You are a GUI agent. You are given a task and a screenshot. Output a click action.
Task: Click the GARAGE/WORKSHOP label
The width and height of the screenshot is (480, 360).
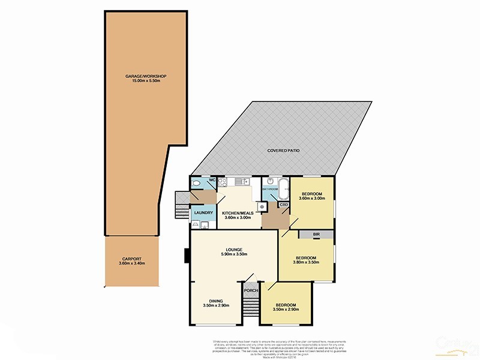pyautogui.click(x=145, y=76)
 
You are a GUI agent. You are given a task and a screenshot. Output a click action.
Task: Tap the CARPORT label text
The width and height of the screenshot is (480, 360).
pyautogui.click(x=132, y=259)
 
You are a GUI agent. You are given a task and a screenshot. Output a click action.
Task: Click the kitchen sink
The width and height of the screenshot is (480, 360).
pyautogui.click(x=241, y=181)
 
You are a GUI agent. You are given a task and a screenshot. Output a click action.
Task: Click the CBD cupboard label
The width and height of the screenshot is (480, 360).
pyautogui.click(x=284, y=205)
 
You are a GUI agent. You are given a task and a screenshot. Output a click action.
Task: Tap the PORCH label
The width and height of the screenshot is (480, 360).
pyautogui.click(x=251, y=290)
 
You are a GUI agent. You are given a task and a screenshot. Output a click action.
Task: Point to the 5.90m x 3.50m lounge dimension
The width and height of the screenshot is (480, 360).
pyautogui.click(x=234, y=254)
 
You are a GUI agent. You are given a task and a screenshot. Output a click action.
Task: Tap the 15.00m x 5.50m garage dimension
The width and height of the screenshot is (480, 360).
pyautogui.click(x=145, y=81)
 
